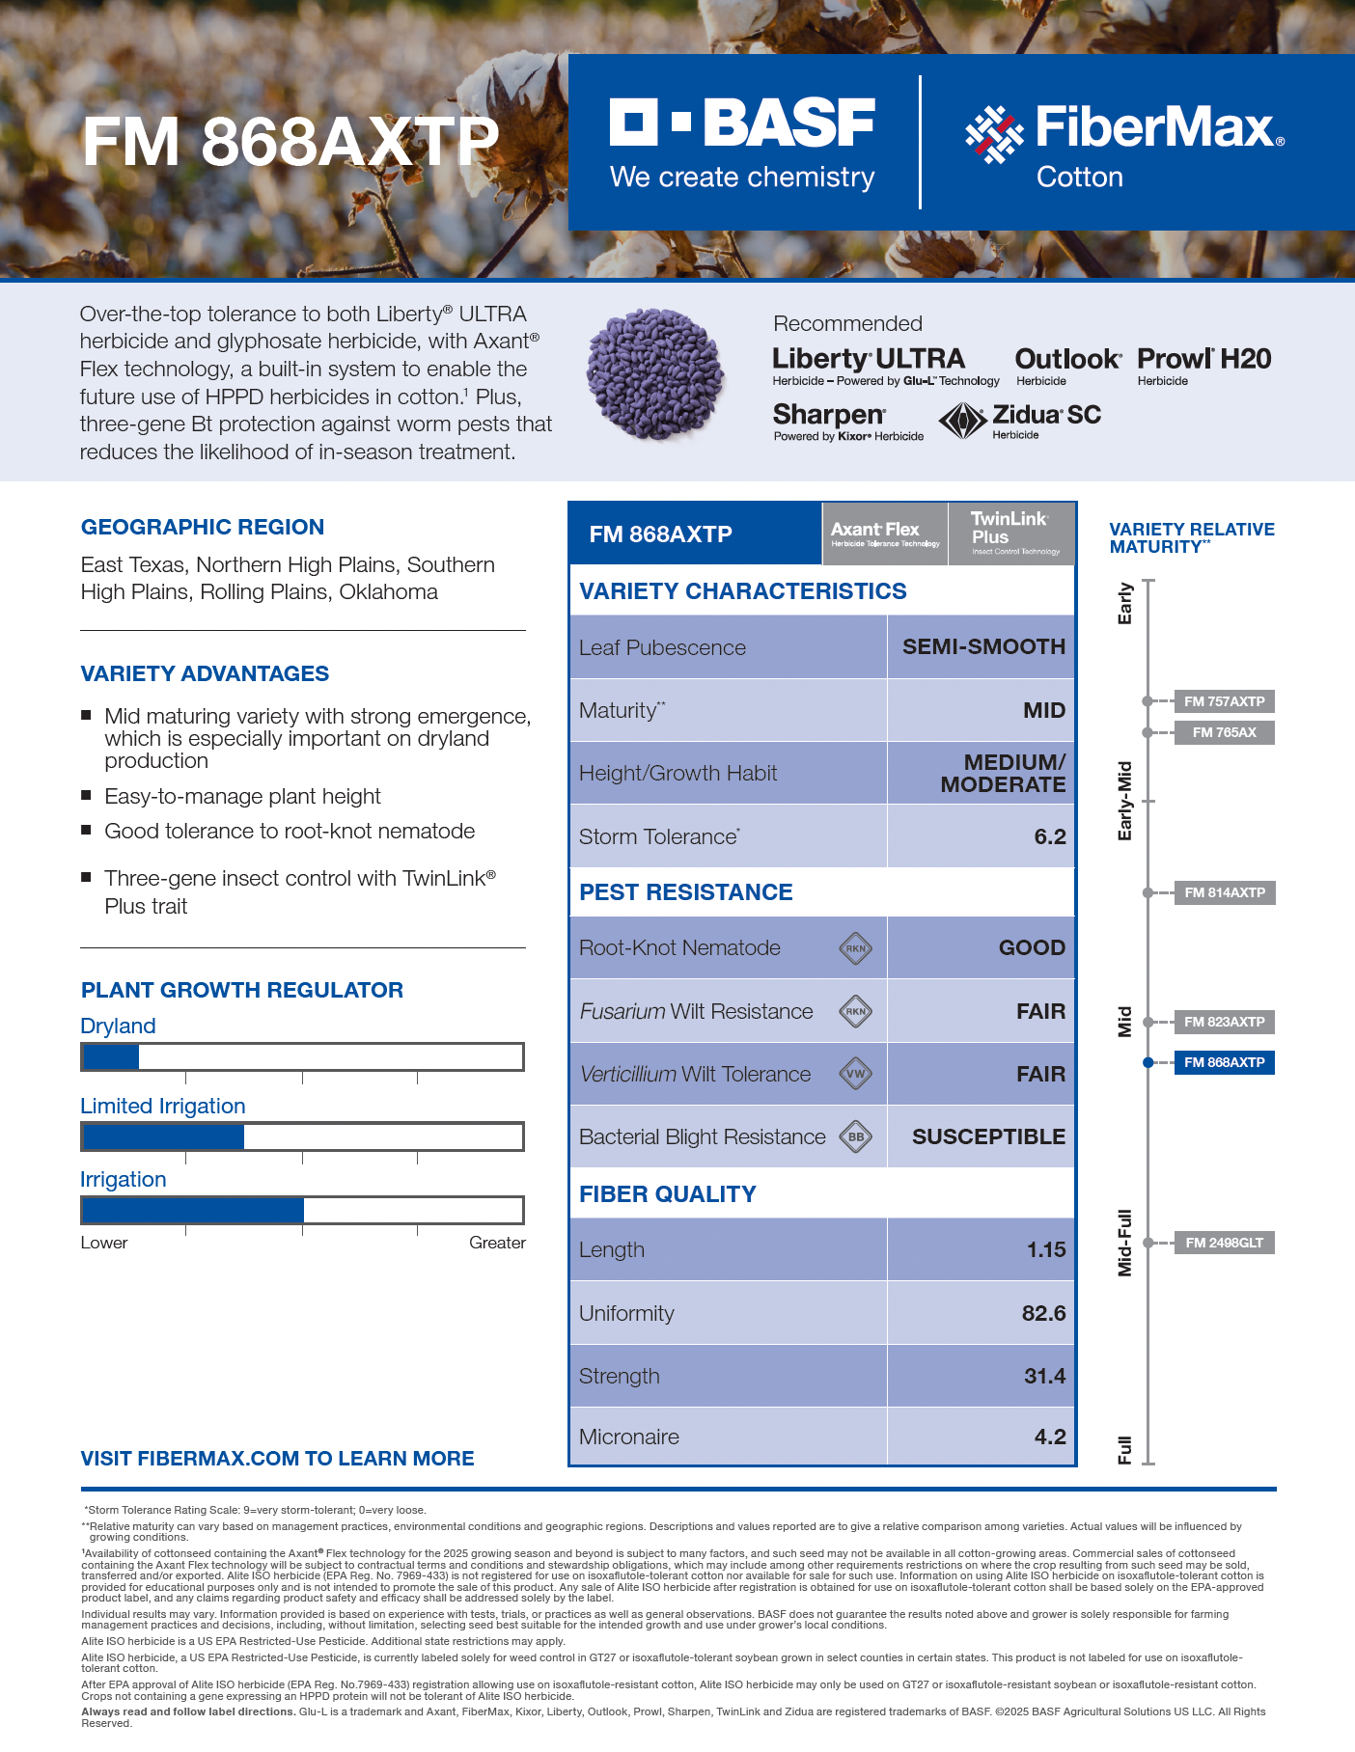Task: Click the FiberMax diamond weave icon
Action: tap(994, 134)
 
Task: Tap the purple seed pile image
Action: tap(656, 374)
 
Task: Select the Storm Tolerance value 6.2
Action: tap(1049, 836)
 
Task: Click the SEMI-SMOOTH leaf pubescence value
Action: tap(982, 646)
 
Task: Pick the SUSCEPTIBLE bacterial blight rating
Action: tap(987, 1136)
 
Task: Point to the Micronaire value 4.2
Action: tap(1049, 1437)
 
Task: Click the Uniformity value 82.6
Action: tap(1043, 1313)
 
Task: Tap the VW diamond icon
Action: tap(856, 1074)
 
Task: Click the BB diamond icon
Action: tap(856, 1136)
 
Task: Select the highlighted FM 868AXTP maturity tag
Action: tap(1224, 1062)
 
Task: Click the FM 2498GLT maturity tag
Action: tap(1224, 1243)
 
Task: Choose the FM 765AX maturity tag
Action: tap(1224, 732)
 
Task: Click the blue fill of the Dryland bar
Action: tap(111, 1057)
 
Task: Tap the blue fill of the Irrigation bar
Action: tap(193, 1210)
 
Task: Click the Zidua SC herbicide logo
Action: tap(1021, 421)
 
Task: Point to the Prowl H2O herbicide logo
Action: tap(1203, 365)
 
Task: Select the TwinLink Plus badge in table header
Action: tap(1010, 533)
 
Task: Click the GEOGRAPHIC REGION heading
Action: tap(203, 527)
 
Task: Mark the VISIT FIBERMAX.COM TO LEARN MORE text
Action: tap(277, 1458)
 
